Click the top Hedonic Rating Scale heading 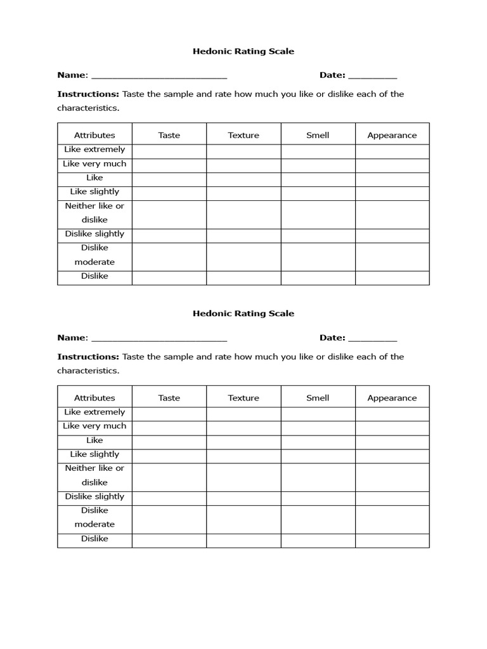point(243,51)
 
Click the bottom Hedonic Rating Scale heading point(243,314)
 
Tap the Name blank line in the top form point(159,76)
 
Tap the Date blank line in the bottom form point(373,339)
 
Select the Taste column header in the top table point(169,135)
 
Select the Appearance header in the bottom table point(392,398)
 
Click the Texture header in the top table point(243,135)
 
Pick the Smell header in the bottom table point(318,398)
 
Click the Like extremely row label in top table point(94,150)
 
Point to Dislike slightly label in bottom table point(94,496)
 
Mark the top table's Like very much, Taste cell point(169,165)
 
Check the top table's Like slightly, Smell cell point(318,193)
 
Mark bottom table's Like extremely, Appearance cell point(392,413)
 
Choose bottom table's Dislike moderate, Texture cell point(243,519)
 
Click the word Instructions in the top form point(88,94)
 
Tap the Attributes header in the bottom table point(94,398)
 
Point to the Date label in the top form point(332,75)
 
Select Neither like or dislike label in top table point(94,213)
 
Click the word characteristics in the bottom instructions point(88,371)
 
